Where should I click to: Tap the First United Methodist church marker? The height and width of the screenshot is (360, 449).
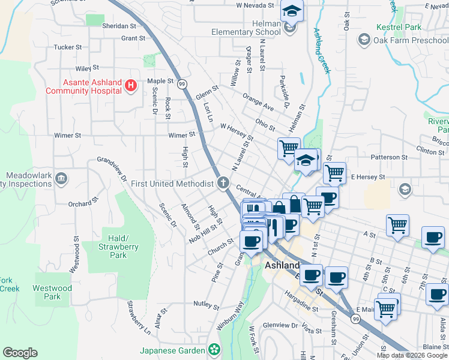tap(223, 182)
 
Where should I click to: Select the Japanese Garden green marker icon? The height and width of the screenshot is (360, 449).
tap(214, 349)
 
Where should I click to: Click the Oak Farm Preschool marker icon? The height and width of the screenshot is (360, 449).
tap(363, 40)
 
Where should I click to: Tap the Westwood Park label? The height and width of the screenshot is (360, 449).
tap(52, 292)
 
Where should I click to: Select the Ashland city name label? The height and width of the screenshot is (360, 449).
tap(282, 265)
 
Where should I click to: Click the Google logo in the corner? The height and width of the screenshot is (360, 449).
tap(20, 353)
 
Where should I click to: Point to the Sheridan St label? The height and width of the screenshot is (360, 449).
tap(120, 26)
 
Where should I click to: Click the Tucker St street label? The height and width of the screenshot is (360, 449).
tap(67, 47)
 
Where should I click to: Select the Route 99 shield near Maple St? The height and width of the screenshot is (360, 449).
tap(182, 83)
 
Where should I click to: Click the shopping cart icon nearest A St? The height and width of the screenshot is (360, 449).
tap(397, 226)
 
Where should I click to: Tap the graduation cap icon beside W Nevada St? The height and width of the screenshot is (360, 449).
tap(292, 10)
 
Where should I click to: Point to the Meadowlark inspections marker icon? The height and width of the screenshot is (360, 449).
tap(62, 179)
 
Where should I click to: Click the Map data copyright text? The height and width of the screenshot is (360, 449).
tap(412, 355)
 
